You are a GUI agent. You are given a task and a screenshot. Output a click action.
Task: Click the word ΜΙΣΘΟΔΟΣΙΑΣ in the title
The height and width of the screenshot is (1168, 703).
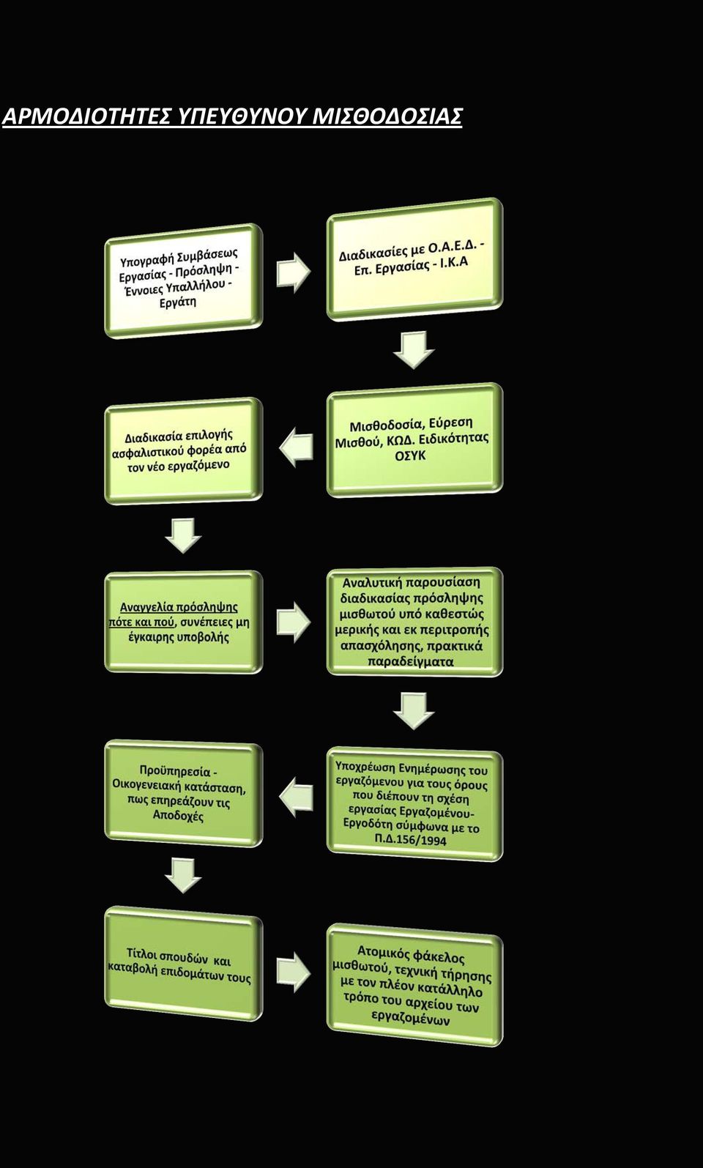point(387,116)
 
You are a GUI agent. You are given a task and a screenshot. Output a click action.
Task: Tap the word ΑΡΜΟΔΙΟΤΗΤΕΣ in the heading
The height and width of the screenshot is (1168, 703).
point(86,116)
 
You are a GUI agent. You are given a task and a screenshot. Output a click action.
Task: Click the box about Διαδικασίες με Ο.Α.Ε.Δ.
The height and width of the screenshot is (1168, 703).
point(414,259)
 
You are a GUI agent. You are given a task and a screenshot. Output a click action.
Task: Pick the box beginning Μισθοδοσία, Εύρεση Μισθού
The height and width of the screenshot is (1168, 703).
point(414,440)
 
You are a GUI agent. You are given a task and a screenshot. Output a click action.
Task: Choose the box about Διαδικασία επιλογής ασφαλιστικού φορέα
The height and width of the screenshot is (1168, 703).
point(184,450)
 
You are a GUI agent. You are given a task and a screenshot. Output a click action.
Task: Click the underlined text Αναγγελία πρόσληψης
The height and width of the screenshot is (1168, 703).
point(179,607)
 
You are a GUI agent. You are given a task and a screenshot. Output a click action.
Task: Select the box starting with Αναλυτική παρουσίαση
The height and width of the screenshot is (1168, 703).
point(414,622)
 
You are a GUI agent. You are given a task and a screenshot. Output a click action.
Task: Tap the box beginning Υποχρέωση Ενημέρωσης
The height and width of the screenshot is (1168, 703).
point(414,805)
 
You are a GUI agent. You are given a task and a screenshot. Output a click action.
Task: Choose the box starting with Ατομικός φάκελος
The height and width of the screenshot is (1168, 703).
point(414,985)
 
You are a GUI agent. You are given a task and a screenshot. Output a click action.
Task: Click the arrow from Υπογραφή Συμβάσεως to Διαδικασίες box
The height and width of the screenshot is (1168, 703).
point(294,272)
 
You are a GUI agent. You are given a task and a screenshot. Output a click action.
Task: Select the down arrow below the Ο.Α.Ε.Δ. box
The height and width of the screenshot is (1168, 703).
point(414,350)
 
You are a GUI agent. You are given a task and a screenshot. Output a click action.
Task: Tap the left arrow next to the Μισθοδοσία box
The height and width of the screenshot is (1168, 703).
point(297,447)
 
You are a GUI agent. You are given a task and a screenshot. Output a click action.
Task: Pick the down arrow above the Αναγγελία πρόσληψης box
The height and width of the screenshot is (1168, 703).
point(183,535)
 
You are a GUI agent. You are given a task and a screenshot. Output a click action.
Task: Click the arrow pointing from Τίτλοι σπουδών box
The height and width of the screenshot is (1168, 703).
point(294,972)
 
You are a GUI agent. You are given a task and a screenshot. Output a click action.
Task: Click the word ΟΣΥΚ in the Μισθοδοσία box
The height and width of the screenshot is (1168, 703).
point(410,455)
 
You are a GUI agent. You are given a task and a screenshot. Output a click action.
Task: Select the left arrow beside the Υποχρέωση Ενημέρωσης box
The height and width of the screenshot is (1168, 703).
point(297,797)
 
